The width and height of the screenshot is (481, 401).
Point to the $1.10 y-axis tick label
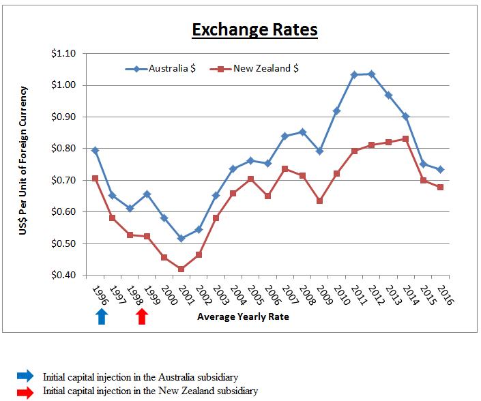63,53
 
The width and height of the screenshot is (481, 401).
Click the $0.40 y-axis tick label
63,276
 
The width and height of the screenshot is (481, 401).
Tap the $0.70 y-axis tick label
63,180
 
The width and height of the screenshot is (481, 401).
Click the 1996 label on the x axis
100,293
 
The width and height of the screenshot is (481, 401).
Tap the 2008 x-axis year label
306,293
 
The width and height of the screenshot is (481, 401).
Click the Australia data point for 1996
95,150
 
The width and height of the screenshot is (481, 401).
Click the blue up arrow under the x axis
101,316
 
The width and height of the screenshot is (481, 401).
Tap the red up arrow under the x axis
141,316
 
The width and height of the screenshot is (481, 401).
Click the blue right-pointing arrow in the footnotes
24,376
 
